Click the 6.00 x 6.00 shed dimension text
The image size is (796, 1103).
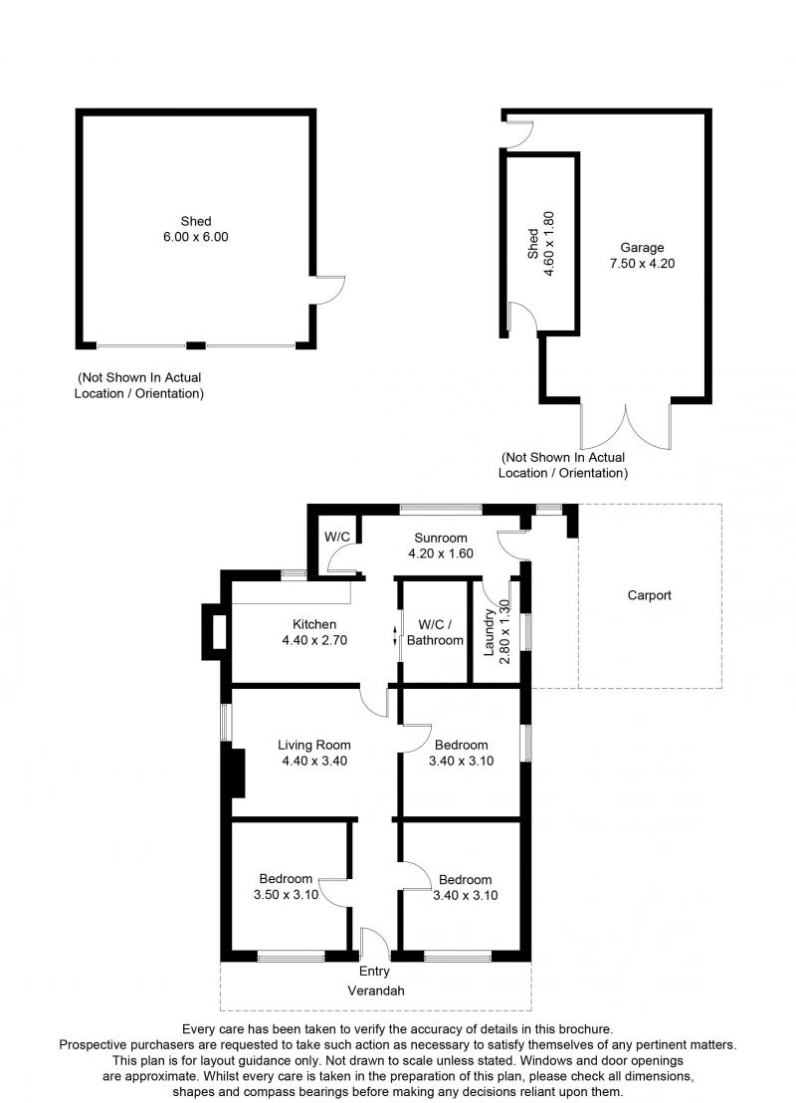point(195,237)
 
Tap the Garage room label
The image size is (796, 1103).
point(642,248)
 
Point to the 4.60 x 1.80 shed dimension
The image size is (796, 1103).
point(549,243)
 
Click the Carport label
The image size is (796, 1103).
point(649,595)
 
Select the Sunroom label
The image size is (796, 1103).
point(440,539)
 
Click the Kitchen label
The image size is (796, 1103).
point(314,624)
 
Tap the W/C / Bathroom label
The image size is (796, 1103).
point(435,632)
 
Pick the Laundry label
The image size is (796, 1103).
point(490,632)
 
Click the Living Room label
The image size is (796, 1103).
point(313,745)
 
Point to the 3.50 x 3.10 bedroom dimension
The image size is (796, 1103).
point(287,895)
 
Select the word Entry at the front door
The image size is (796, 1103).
point(374,972)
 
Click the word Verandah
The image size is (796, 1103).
point(376,991)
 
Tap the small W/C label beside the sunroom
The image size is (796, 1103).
point(337,537)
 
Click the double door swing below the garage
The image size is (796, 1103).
point(626,426)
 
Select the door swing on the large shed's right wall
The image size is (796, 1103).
point(328,290)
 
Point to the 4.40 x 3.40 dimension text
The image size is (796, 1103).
point(314,761)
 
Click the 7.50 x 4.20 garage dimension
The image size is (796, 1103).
point(642,264)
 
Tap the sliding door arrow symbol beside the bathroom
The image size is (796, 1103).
point(394,636)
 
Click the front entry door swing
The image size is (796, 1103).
point(375,943)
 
